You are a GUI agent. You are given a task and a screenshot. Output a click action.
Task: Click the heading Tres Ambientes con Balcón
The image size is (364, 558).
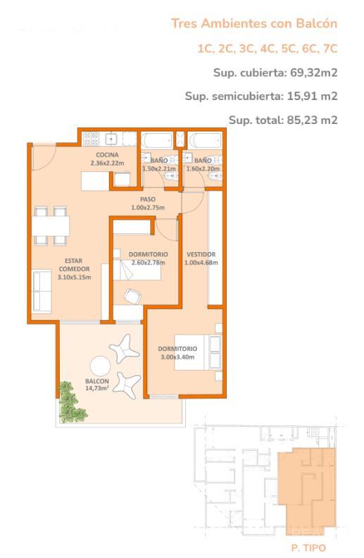point(254,23)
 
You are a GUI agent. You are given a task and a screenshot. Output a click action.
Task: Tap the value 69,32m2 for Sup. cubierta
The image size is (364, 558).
point(314,73)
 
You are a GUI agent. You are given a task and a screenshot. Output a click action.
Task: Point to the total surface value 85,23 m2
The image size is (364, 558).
point(312,120)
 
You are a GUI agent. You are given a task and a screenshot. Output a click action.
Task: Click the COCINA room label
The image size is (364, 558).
point(107,155)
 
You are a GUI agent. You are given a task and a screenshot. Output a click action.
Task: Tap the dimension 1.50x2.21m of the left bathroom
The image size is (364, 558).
point(159,168)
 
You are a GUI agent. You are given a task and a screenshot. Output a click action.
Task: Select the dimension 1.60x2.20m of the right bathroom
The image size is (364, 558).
point(203,168)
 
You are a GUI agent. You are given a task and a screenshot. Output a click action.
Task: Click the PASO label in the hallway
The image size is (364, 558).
point(148,199)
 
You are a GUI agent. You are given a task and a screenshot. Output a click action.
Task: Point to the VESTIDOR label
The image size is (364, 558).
point(201,254)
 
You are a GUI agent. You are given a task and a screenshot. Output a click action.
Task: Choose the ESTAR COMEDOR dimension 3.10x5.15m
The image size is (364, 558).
point(75,277)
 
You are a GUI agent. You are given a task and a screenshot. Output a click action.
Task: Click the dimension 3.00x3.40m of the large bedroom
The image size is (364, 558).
point(177,357)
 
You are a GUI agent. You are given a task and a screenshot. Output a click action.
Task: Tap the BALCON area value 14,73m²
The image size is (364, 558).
point(97,388)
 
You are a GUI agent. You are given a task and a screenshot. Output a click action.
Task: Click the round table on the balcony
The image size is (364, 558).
point(101,367)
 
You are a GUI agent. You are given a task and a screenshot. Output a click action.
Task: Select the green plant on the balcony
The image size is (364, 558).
point(71,402)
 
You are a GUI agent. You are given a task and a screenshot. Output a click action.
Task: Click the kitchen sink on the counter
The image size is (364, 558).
point(112,138)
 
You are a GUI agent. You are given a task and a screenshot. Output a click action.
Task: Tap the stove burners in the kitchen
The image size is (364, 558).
point(91,138)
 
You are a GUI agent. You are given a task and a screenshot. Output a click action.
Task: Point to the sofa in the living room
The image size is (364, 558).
point(42,292)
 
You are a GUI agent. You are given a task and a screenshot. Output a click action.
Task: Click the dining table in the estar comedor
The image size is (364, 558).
point(51,226)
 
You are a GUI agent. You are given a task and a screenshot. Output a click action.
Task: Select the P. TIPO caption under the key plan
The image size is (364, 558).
point(308,548)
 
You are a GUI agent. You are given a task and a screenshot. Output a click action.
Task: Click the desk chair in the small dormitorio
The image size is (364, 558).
point(132,296)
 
